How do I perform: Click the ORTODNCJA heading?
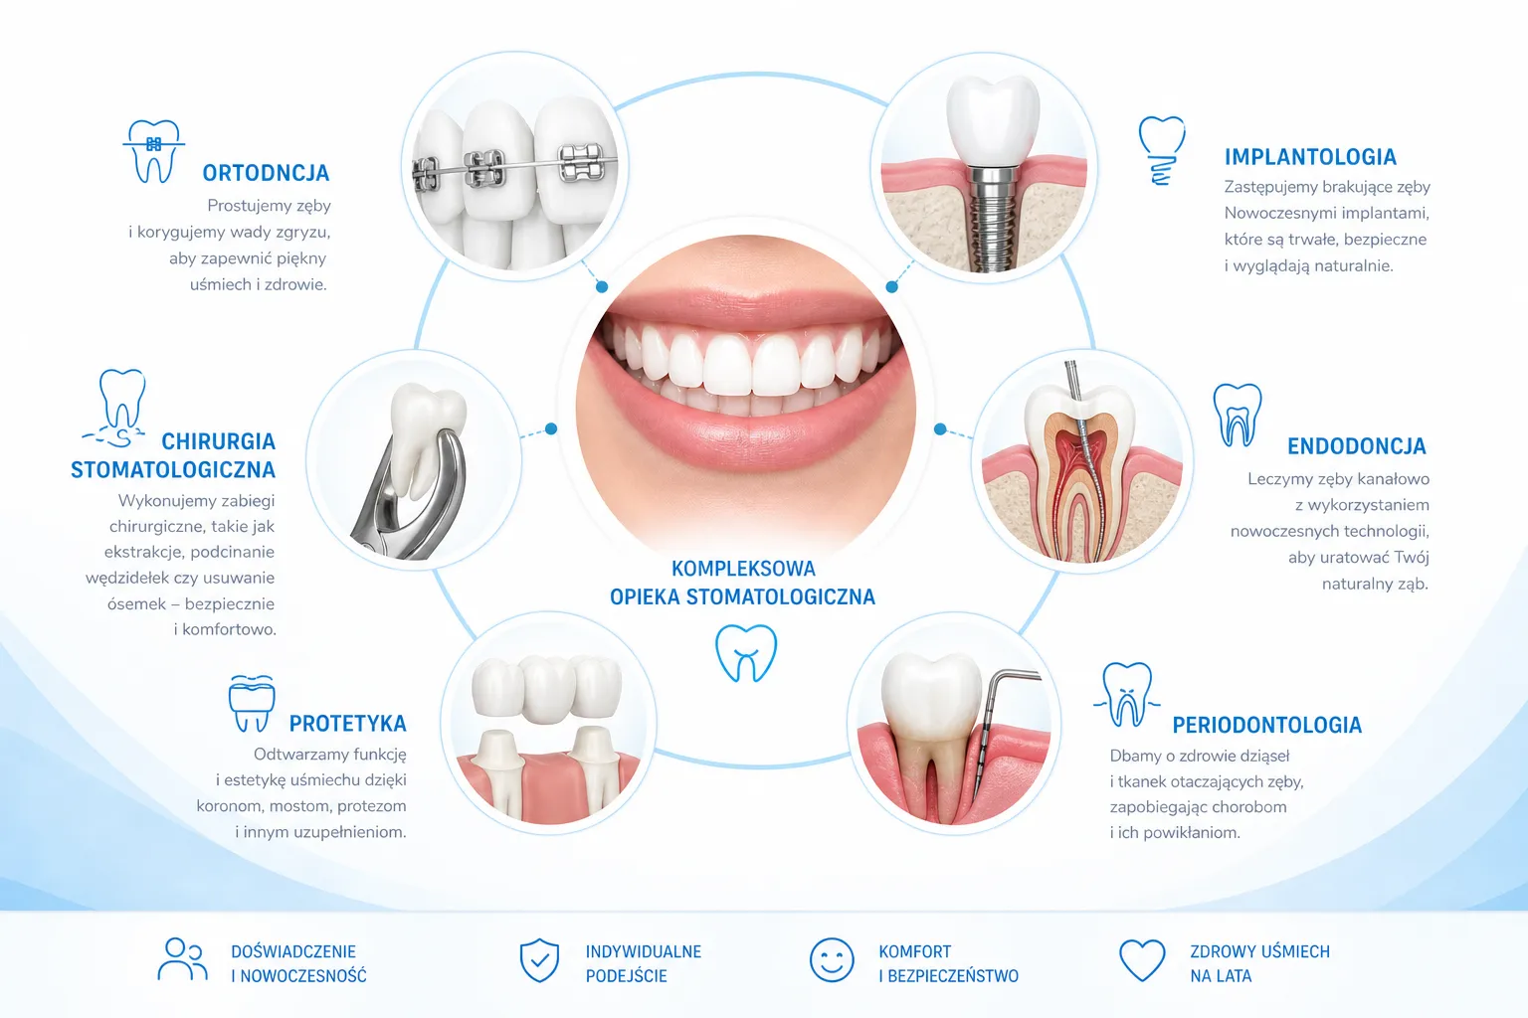[266, 173]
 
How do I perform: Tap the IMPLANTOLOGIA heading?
[1310, 157]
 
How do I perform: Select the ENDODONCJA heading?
[1357, 446]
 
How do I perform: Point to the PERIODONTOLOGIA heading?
[1266, 725]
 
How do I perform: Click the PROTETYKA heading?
[348, 724]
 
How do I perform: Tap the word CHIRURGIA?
[218, 441]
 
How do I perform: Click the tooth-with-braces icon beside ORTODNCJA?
[154, 151]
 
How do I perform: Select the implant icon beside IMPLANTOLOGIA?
[1162, 151]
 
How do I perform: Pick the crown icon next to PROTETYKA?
[252, 703]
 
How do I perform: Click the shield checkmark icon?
[539, 960]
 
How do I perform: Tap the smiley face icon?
[832, 960]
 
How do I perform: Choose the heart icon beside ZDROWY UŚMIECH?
[1143, 960]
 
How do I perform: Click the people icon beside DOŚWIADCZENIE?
[182, 958]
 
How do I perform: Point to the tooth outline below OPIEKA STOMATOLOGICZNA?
[745, 653]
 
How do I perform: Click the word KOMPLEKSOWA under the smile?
[743, 569]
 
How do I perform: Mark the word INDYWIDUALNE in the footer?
[644, 951]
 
